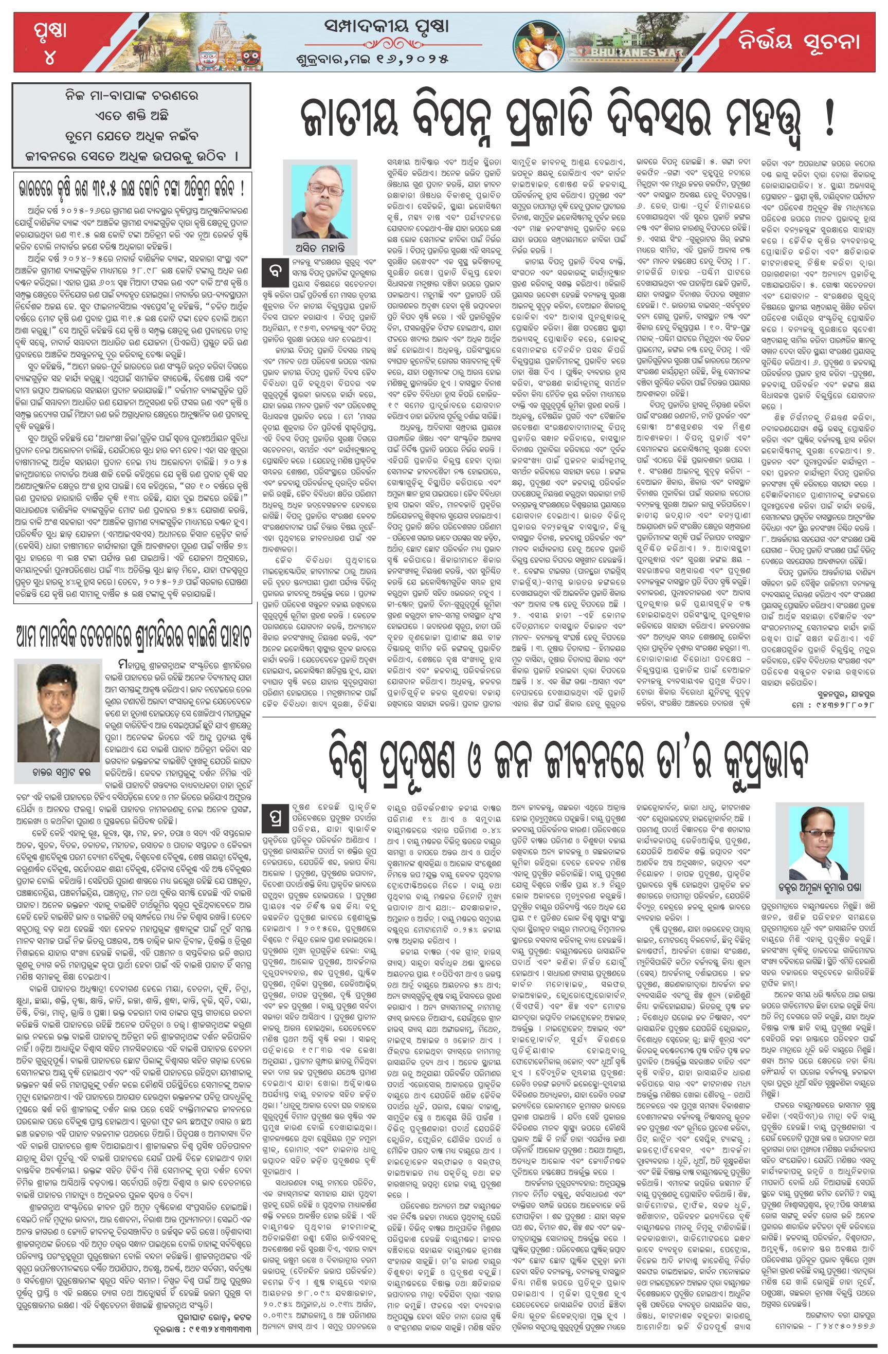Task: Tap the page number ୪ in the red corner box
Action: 49,57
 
